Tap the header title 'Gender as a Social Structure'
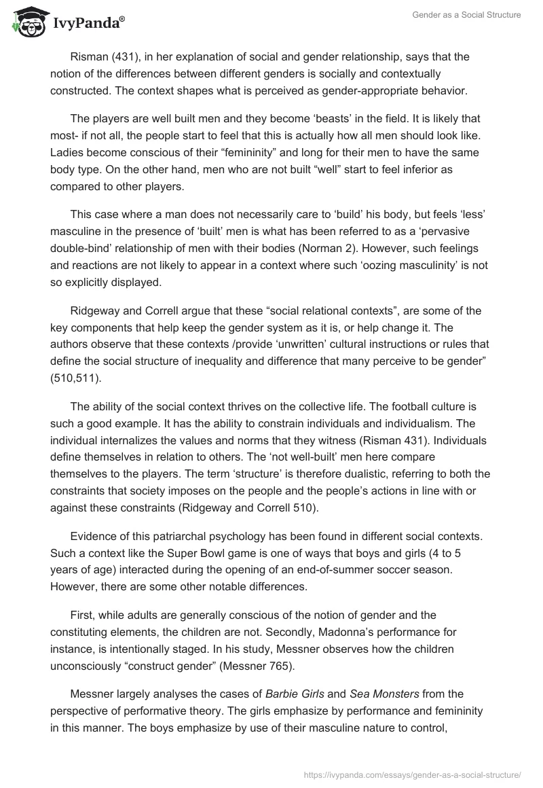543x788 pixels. click(466, 15)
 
